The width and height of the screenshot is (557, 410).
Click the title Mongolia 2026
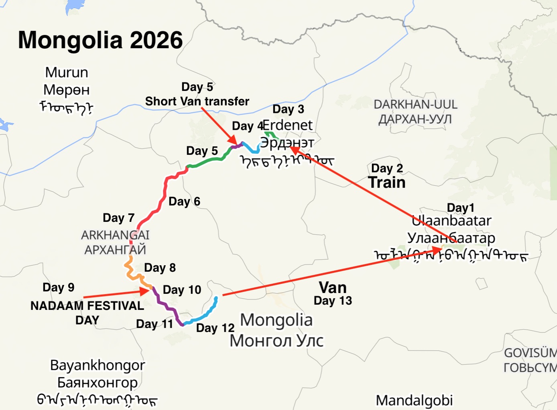pos(100,40)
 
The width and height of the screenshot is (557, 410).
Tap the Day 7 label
pos(118,218)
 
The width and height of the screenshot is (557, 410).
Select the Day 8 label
pos(160,268)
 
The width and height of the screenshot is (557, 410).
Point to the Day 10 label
pos(182,290)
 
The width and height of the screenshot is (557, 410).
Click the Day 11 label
pos(154,324)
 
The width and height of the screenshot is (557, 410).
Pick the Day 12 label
pos(215,328)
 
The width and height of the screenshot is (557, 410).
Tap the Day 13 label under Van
pos(333,301)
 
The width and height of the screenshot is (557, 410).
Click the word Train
pos(387,182)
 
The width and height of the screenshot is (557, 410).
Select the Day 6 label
pos(184,201)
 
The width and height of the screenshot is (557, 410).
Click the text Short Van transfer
pos(197,101)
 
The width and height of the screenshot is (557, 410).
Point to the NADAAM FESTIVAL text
pos(87,306)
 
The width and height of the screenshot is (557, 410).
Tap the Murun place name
pos(67,72)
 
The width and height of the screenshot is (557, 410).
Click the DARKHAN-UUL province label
pos(415,105)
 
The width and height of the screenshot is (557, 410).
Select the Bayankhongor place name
pos(98,365)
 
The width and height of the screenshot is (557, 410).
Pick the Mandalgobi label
pos(414,400)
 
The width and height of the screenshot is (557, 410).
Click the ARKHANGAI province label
pos(115,235)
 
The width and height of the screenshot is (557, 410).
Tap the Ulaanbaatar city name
pos(451,221)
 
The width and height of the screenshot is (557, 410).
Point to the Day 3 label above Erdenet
pos(288,109)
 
